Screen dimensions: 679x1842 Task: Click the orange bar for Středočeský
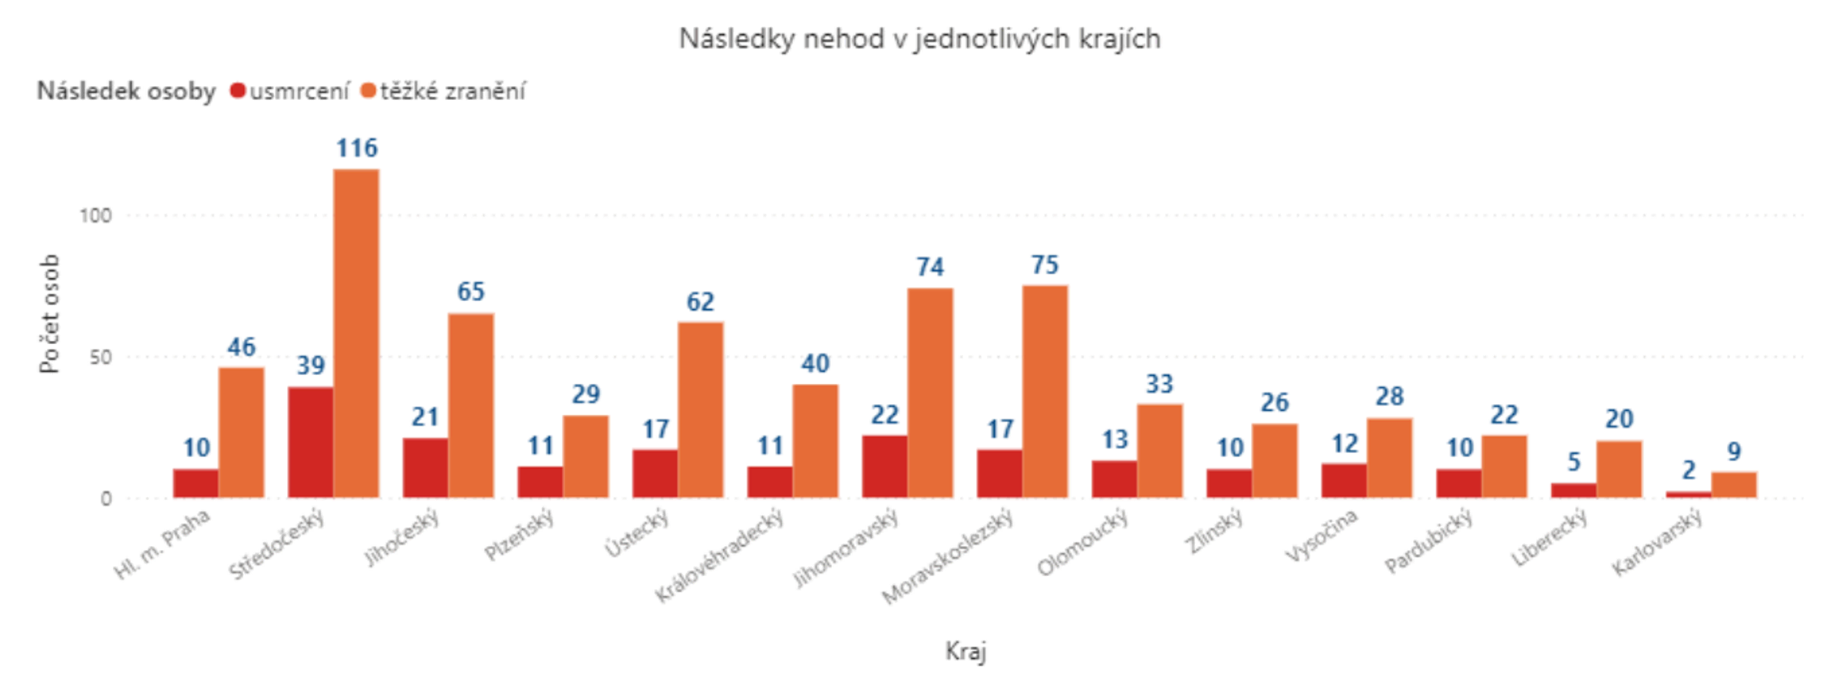[356, 333]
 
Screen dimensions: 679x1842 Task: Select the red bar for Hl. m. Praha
[196, 483]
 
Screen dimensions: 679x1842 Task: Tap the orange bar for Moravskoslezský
[1045, 392]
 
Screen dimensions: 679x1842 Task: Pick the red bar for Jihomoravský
[884, 466]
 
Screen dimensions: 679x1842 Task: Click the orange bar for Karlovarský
[1734, 485]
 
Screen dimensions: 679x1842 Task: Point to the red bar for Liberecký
[1573, 490]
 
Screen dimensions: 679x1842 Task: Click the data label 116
[357, 147]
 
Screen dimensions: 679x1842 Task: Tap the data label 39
[311, 366]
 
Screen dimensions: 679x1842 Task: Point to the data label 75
[1045, 265]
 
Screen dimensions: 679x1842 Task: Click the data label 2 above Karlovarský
[1688, 469]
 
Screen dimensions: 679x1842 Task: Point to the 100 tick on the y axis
[96, 216]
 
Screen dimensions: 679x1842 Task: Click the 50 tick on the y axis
[101, 357]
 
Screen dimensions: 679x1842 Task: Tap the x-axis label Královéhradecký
[720, 555]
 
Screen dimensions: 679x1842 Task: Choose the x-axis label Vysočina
[1322, 535]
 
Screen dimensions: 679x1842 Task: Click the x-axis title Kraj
[965, 651]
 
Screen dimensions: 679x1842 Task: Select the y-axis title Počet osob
[49, 313]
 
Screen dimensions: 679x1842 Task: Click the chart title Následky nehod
[919, 38]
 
